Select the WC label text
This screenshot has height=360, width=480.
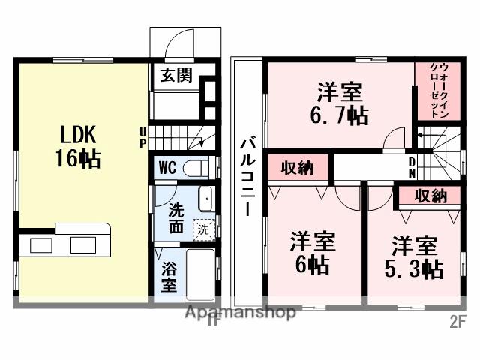tap(167, 167)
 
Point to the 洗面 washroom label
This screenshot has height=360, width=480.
tap(175, 217)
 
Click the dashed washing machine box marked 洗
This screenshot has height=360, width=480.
tap(203, 228)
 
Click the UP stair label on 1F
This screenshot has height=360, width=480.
tap(142, 139)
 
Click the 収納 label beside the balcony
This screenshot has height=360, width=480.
tap(297, 168)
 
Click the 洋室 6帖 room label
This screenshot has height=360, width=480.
tap(313, 253)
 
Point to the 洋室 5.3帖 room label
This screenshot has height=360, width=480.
tap(415, 257)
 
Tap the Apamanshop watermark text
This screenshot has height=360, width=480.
tap(240, 313)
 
